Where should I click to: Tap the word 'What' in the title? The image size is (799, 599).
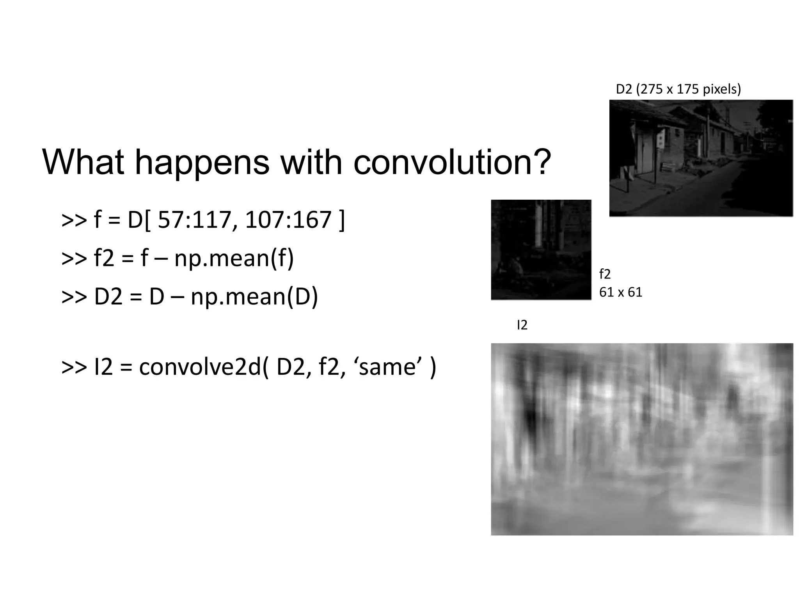click(83, 162)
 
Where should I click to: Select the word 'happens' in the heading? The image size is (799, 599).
click(202, 162)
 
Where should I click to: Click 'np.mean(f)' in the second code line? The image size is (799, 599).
click(234, 258)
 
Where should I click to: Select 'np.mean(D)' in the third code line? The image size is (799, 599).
click(254, 296)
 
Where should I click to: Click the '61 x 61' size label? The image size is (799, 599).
click(620, 292)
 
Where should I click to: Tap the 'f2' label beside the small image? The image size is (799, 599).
click(604, 274)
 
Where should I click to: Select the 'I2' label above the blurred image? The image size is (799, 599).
click(522, 325)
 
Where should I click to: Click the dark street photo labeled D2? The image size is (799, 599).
click(701, 158)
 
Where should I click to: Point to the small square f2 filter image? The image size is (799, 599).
click(541, 250)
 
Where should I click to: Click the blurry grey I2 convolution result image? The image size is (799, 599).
click(642, 439)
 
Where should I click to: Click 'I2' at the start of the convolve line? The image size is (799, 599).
click(103, 367)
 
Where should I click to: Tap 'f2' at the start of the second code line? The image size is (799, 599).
click(104, 258)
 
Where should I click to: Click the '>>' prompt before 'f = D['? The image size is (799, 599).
click(74, 220)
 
